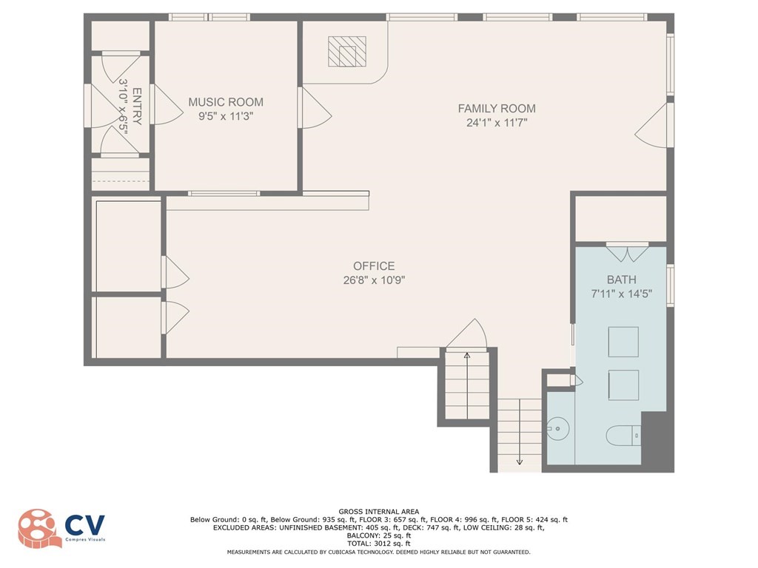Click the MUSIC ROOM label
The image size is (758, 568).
226,102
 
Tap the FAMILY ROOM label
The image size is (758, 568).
497,109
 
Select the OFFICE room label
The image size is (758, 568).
374,266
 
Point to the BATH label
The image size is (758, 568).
621,280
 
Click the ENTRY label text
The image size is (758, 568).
137,106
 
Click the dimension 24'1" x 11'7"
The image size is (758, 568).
497,123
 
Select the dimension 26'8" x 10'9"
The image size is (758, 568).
374,280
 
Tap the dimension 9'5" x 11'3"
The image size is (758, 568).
226,116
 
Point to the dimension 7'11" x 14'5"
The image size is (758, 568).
621,294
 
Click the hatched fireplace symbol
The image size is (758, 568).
347,51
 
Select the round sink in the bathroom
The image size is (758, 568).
558,428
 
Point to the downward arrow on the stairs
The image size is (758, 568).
520,431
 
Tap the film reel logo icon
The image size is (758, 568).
39,529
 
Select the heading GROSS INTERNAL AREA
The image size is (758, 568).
379,512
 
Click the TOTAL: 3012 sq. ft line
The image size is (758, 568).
379,544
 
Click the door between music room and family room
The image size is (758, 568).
314,108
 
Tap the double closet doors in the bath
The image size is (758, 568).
627,252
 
